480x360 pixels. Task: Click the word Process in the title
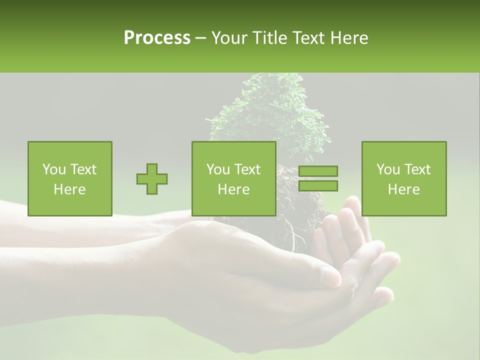click(x=157, y=38)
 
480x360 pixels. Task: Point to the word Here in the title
click(x=348, y=38)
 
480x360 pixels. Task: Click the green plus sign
click(x=152, y=178)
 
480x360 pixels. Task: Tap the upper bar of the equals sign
click(x=318, y=171)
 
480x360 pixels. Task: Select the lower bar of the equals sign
click(x=318, y=186)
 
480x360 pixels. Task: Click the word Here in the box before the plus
click(x=69, y=189)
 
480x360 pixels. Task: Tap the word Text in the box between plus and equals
click(x=248, y=169)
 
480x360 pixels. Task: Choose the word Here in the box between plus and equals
click(x=233, y=189)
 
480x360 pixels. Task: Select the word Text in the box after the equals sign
click(x=418, y=169)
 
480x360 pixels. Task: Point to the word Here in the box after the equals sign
click(x=403, y=189)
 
